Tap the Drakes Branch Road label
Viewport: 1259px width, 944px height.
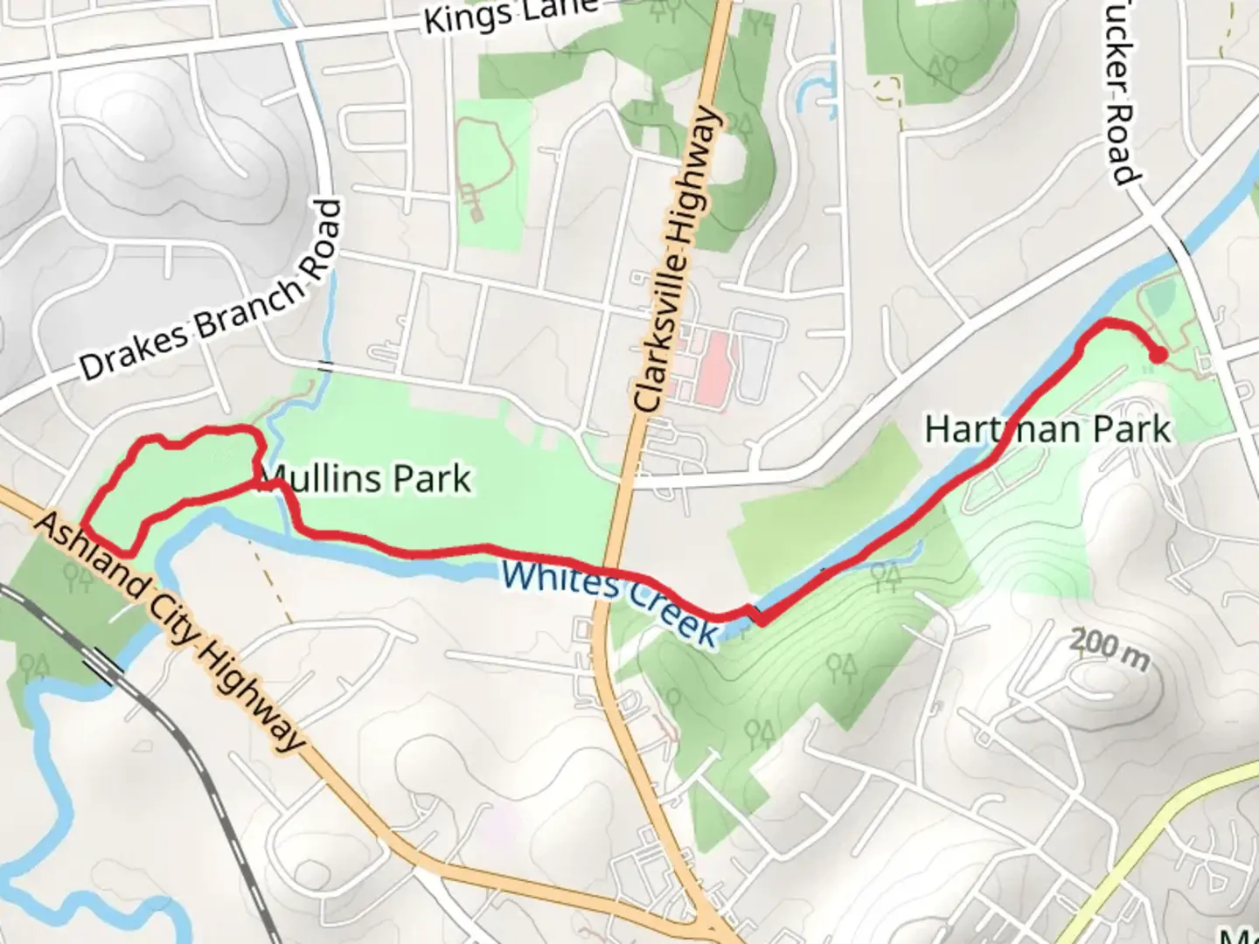coord(210,291)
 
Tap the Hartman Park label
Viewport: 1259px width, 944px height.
coord(1047,429)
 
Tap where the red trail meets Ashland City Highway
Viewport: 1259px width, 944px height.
coord(85,525)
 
